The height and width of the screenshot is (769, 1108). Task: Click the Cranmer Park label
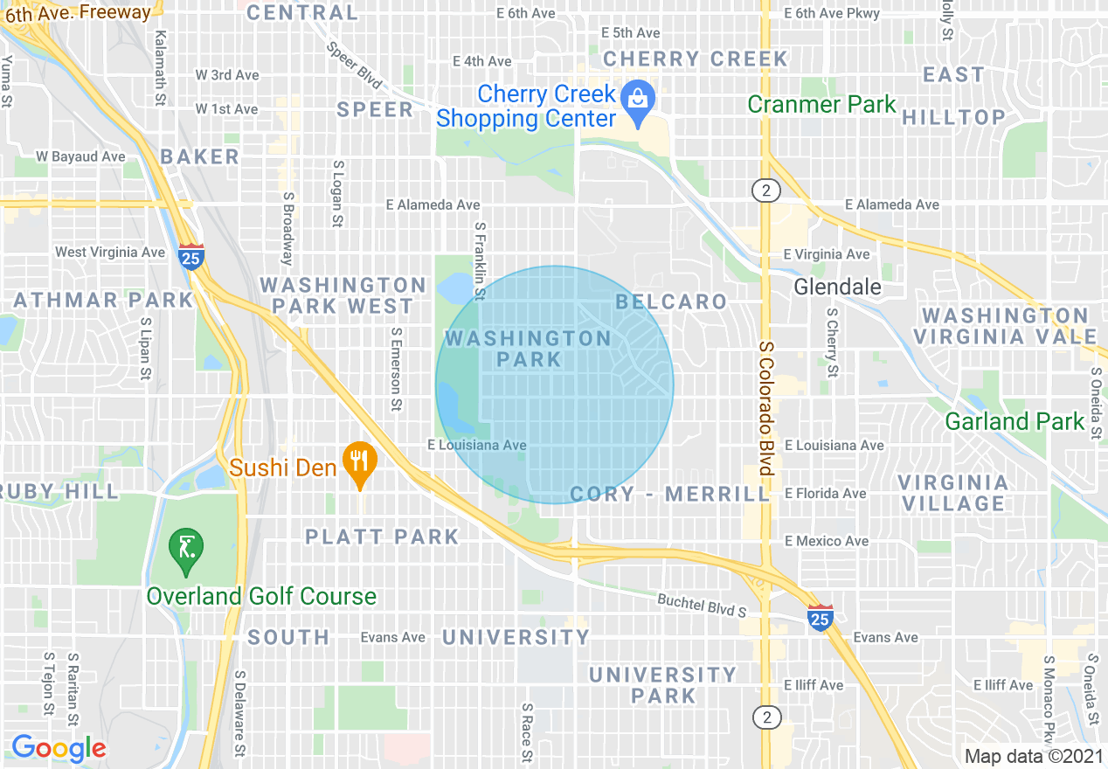(x=821, y=105)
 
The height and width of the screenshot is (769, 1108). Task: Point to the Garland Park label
(x=1015, y=421)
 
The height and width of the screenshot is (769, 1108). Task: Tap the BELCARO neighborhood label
(x=671, y=302)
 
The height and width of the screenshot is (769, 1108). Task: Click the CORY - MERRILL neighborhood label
(x=669, y=495)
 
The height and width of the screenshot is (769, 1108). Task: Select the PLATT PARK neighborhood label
(x=382, y=537)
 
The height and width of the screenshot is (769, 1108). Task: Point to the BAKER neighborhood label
(x=199, y=157)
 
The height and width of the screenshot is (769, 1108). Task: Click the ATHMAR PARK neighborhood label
(x=103, y=301)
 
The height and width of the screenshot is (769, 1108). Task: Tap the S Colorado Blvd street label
(x=765, y=410)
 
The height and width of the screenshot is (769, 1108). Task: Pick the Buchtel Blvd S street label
(x=702, y=605)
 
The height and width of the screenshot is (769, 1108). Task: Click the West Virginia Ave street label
(x=110, y=253)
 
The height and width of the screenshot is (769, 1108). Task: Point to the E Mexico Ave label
(x=827, y=542)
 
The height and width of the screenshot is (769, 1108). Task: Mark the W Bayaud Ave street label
(x=80, y=157)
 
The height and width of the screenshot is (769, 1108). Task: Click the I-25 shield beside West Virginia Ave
(x=190, y=256)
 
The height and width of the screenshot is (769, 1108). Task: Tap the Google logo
(x=59, y=748)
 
